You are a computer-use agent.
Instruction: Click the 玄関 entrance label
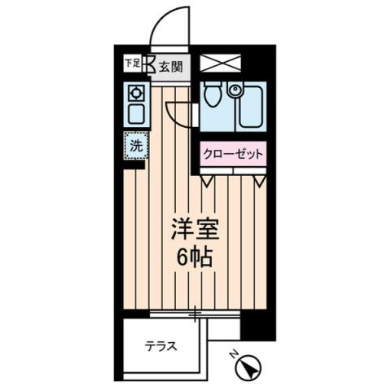(x=171, y=68)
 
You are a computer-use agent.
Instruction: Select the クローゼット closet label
(x=234, y=152)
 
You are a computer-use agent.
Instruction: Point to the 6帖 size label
(x=194, y=257)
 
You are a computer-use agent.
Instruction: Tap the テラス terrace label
(x=160, y=345)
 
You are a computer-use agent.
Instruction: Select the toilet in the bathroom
(x=213, y=97)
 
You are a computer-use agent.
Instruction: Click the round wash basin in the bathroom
(x=235, y=90)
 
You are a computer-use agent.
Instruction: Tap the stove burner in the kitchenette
(x=134, y=93)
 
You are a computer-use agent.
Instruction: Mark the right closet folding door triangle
(x=259, y=178)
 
